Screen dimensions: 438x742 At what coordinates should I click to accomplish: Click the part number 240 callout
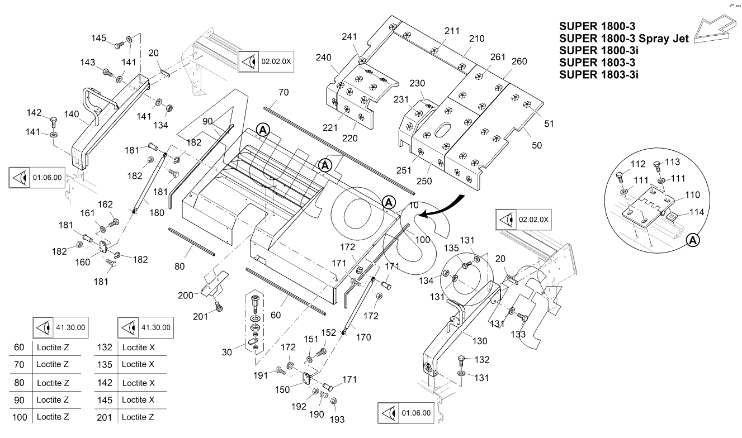tap(324, 58)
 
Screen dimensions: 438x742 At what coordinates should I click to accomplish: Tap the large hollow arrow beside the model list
tap(716, 32)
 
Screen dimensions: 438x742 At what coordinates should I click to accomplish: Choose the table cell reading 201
tap(105, 417)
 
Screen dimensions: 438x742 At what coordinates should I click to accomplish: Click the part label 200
tap(185, 295)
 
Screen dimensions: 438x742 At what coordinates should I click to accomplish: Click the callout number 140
tap(70, 113)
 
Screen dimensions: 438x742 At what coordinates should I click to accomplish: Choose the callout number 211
tap(452, 31)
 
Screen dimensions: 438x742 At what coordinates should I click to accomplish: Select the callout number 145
tap(99, 38)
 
